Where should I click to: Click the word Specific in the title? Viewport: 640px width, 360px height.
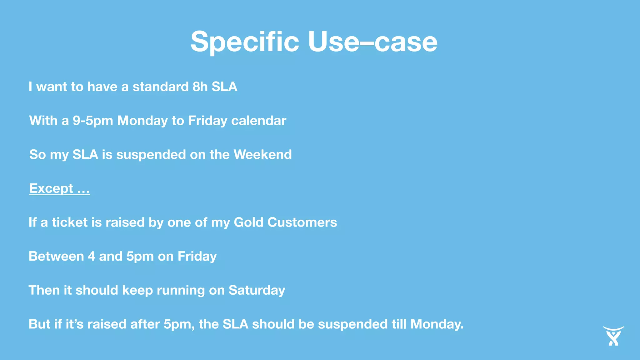(245, 42)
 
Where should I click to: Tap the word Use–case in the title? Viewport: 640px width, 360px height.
(372, 42)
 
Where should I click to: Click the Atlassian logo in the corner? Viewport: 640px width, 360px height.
(613, 336)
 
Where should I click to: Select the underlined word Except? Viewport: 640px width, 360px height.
(51, 188)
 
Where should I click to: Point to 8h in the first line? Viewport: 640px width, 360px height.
(200, 87)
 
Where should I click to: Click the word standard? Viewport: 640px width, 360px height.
(161, 87)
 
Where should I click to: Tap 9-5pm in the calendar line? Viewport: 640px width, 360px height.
(93, 121)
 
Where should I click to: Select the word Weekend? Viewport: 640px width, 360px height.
(262, 155)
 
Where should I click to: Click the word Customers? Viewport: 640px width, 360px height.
(302, 222)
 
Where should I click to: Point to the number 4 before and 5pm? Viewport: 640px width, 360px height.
(91, 256)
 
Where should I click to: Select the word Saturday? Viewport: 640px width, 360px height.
(257, 290)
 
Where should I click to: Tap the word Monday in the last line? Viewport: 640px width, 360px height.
(437, 324)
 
